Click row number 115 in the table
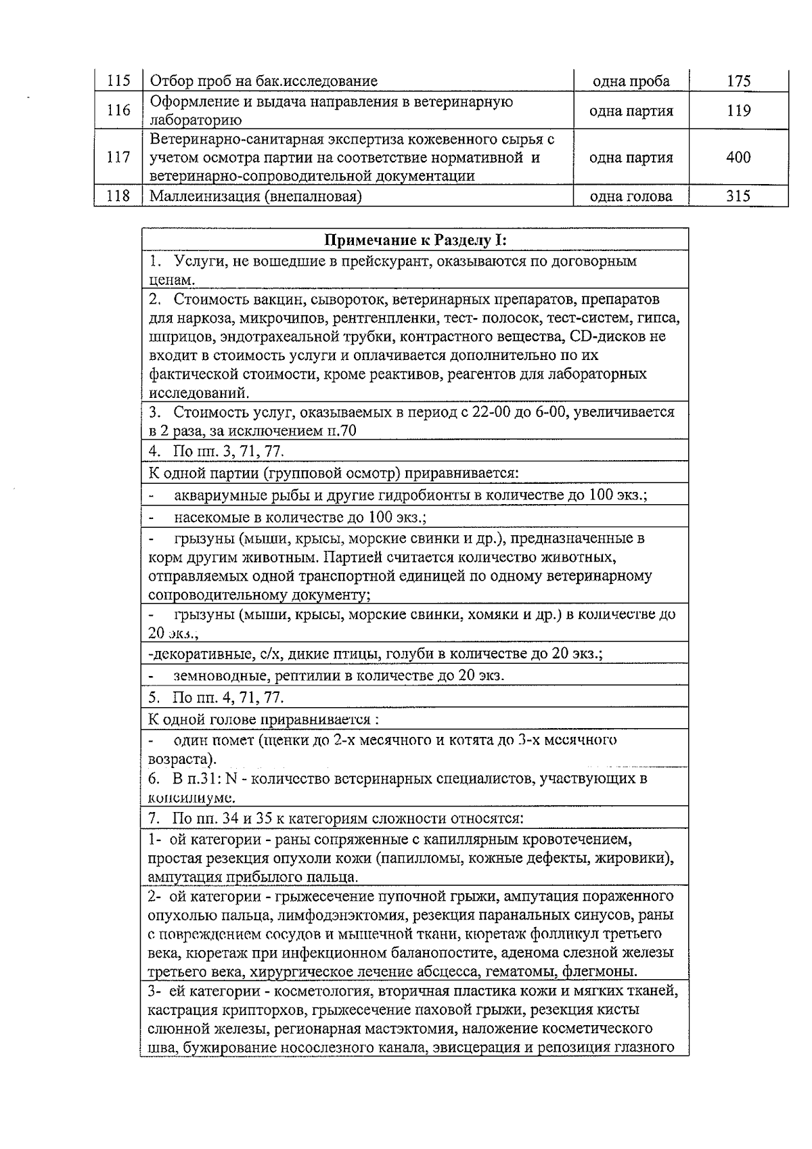118,82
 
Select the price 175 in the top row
738,82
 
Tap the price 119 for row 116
738,111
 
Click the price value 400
738,158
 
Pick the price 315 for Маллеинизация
738,197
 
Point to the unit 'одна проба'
631,82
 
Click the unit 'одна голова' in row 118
631,197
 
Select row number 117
118,158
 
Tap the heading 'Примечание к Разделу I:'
415,240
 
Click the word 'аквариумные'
215,495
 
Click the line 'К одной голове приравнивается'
264,719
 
